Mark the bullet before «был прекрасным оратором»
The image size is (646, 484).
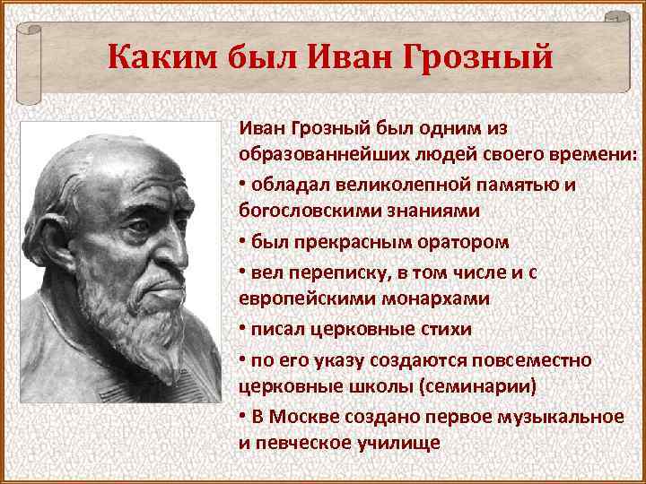(242, 242)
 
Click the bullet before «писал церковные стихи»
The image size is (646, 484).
(242, 329)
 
